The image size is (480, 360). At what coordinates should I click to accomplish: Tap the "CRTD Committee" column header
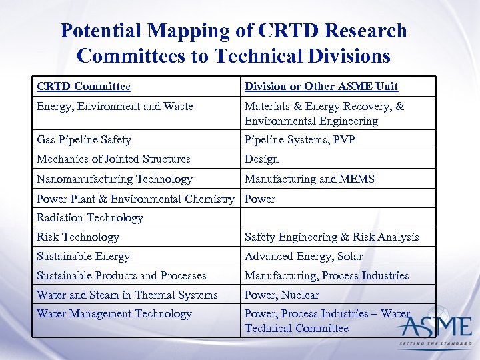click(83, 86)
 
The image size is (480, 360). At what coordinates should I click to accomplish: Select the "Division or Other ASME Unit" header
click(321, 86)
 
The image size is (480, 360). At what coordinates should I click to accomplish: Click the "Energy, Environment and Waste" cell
click(115, 106)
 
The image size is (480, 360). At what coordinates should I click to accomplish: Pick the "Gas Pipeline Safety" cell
click(83, 139)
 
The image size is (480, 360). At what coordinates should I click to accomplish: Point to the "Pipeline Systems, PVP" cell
click(299, 139)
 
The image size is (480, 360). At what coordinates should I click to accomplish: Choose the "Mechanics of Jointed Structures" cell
click(113, 159)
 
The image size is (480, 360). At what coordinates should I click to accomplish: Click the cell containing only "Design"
click(261, 159)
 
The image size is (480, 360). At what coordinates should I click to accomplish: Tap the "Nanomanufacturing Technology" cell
click(114, 179)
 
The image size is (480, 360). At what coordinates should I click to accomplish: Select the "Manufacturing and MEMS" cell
click(309, 179)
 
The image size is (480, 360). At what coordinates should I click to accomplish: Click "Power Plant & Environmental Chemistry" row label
click(135, 199)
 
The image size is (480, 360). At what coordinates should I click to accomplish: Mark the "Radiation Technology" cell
click(89, 217)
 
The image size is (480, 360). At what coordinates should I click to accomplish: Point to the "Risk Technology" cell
click(77, 237)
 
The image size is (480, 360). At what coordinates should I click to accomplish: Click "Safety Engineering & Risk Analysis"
click(331, 237)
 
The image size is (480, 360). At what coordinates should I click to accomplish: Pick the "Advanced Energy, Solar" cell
click(303, 256)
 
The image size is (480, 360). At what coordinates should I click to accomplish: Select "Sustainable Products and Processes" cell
click(121, 275)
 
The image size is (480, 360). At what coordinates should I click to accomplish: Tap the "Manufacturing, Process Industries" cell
click(327, 275)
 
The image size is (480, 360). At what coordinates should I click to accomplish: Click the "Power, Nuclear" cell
click(281, 295)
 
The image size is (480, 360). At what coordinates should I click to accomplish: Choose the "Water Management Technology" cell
click(114, 313)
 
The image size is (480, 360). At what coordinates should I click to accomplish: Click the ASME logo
click(434, 329)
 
